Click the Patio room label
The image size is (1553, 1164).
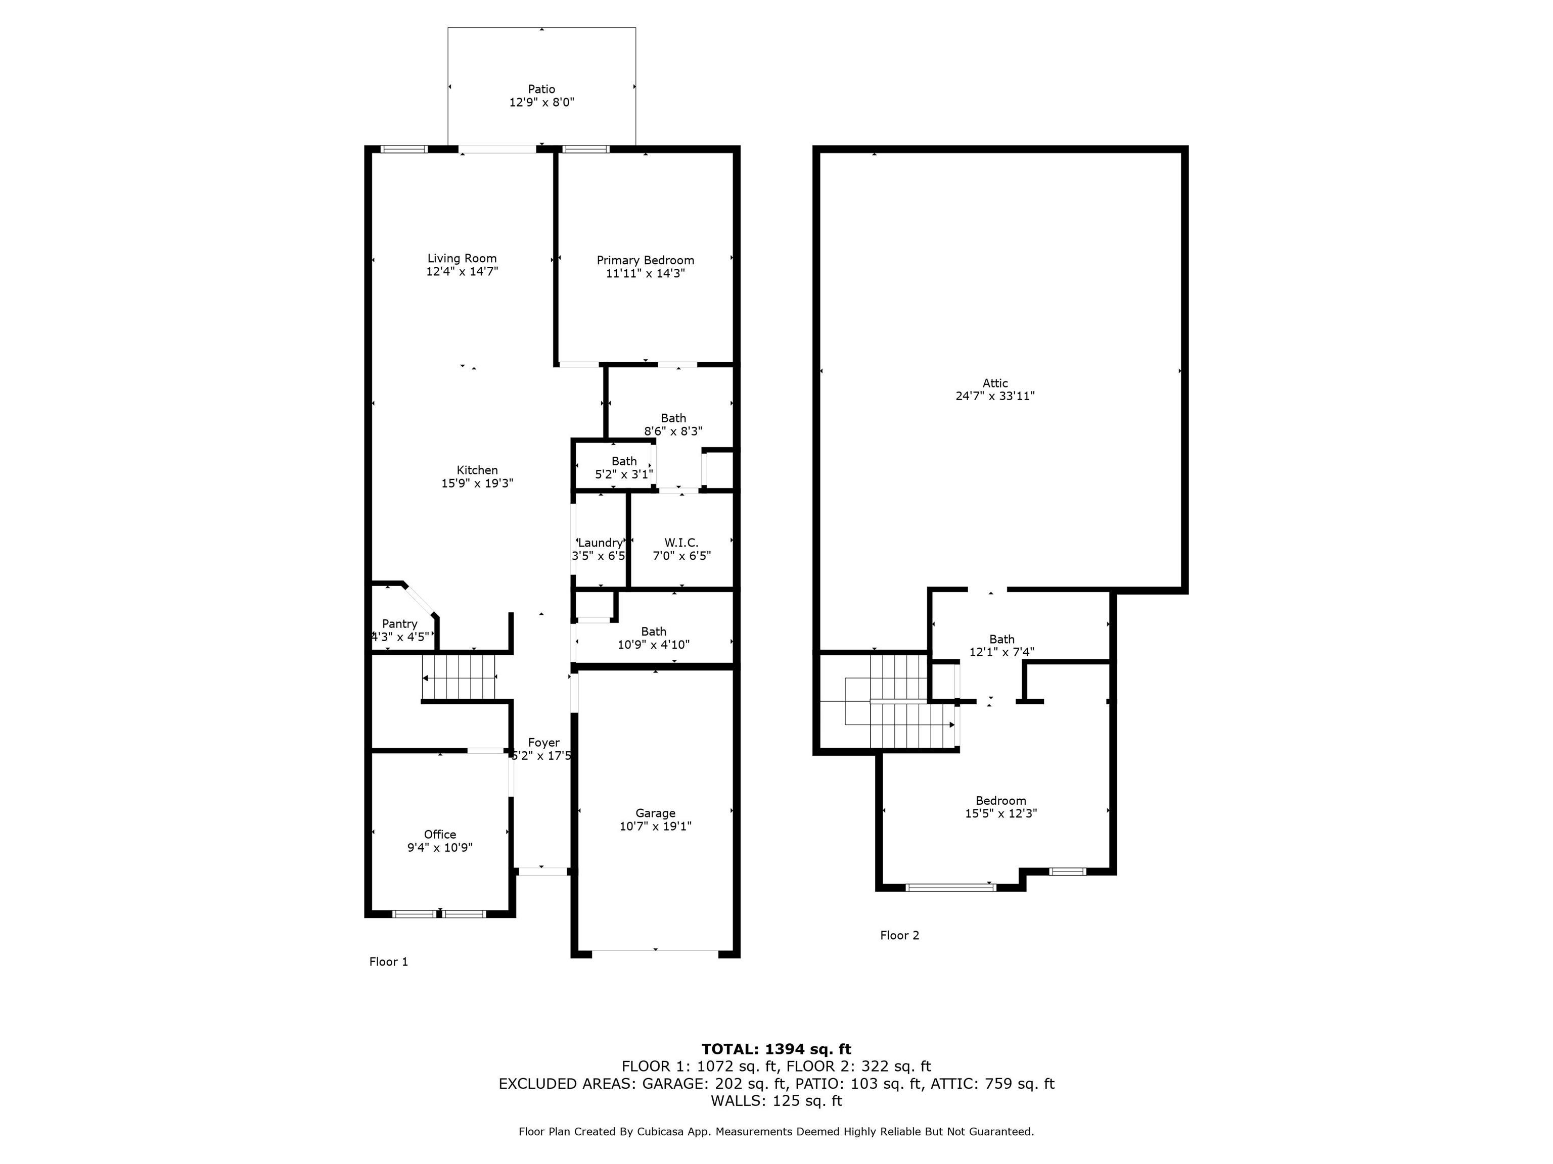541,89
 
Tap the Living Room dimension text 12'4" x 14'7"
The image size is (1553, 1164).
462,271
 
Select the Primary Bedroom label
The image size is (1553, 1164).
645,260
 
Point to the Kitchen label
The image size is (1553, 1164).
477,470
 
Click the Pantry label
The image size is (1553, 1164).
399,624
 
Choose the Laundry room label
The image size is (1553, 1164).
600,543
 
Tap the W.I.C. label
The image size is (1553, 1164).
681,543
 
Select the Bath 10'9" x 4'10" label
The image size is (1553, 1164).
654,632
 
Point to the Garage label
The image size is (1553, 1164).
655,813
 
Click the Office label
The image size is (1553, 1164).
439,834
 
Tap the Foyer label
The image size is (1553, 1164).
543,742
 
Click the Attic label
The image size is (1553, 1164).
995,383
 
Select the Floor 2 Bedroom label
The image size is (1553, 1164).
1000,801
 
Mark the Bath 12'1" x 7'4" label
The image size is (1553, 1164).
1002,639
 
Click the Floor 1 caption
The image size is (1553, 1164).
388,961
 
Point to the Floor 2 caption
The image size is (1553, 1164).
899,935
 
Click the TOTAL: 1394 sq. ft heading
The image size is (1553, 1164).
776,1049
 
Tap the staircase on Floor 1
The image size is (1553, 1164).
459,677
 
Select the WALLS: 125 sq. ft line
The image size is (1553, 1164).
776,1100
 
